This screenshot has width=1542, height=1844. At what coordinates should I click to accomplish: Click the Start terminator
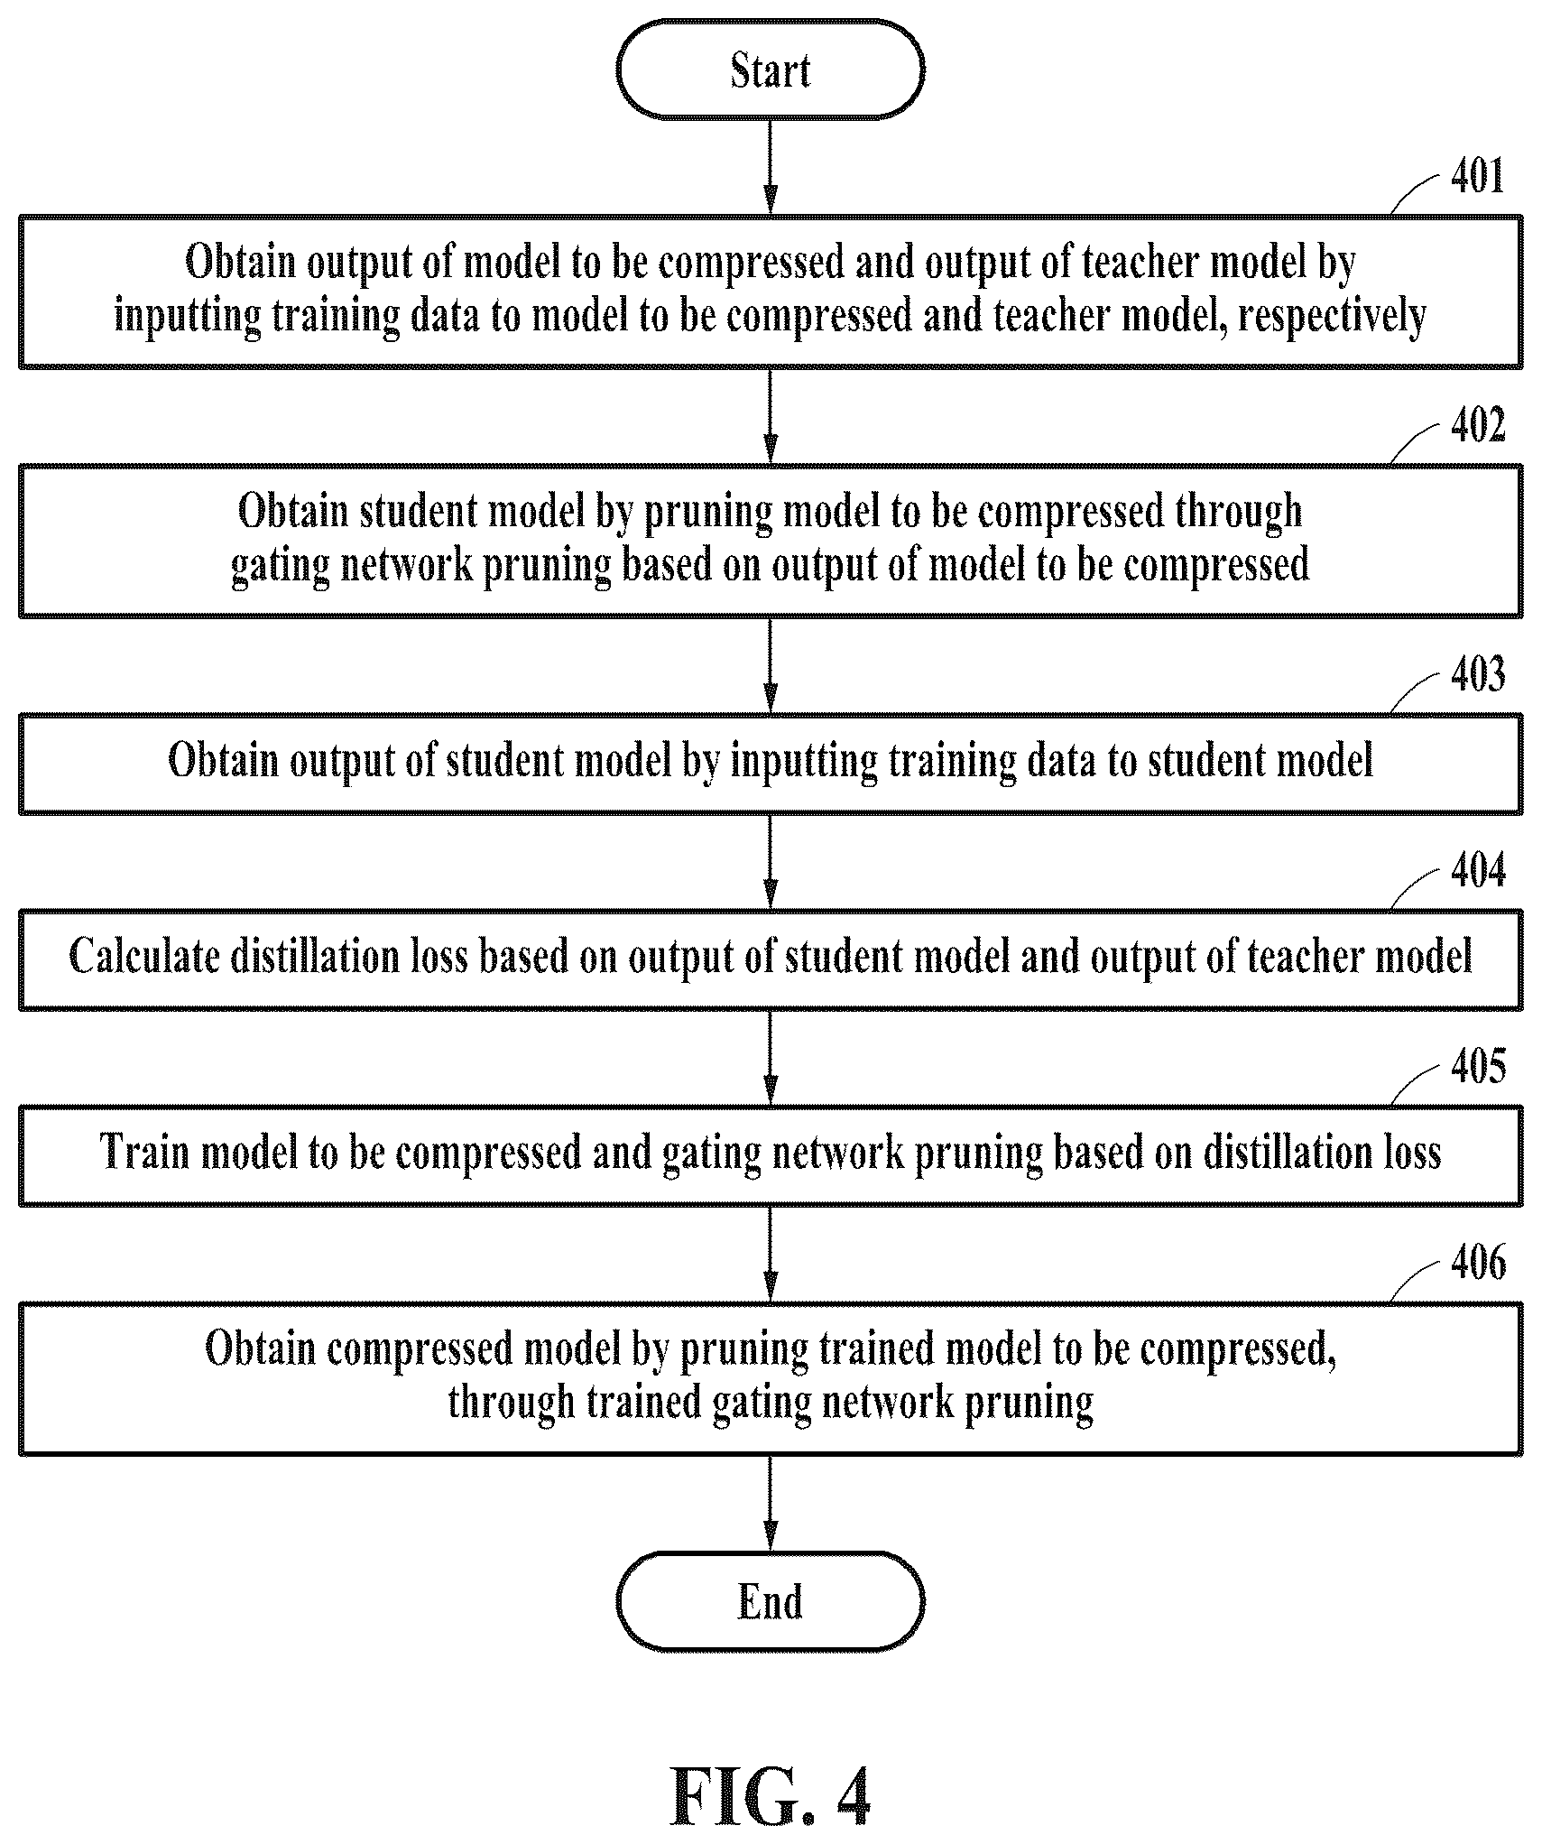[x=770, y=69]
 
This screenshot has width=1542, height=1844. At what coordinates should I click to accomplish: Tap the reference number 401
[x=1478, y=176]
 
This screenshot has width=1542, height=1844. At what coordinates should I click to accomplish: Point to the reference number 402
[x=1478, y=425]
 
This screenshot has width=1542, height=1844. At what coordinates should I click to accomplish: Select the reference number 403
[x=1478, y=675]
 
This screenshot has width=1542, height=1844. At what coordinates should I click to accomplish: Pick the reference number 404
[x=1478, y=871]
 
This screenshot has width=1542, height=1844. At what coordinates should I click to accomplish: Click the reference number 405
[x=1478, y=1067]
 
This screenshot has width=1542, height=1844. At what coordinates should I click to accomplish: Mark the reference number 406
[x=1478, y=1263]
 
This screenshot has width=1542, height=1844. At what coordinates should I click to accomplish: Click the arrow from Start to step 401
[x=770, y=167]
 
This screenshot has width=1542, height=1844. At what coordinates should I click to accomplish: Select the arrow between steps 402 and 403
[x=770, y=666]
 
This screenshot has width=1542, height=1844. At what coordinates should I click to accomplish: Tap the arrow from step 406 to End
[x=770, y=1504]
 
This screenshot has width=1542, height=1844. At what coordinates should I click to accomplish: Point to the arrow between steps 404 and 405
[x=770, y=1058]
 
